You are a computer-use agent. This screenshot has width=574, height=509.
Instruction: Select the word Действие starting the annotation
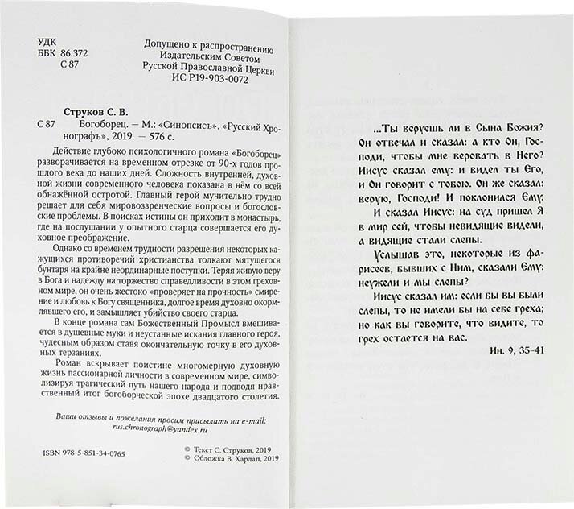click(x=79, y=156)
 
